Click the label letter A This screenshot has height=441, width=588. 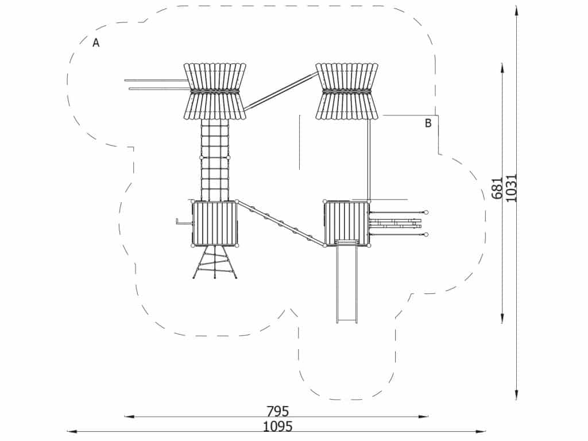point(96,42)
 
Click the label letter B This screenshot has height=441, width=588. point(428,123)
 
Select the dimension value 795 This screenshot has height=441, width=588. point(277,411)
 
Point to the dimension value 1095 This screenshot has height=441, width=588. point(277,427)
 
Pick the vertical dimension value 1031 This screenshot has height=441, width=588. point(512,188)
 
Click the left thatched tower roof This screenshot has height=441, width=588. point(215,91)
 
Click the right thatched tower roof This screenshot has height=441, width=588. point(347,91)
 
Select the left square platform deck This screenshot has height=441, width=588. point(215,223)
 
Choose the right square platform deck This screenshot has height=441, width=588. point(346,223)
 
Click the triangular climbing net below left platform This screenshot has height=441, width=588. point(214,263)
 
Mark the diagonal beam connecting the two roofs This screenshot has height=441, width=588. point(281,91)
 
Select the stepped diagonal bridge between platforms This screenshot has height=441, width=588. point(281,223)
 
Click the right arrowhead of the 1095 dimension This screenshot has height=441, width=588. point(483,431)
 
